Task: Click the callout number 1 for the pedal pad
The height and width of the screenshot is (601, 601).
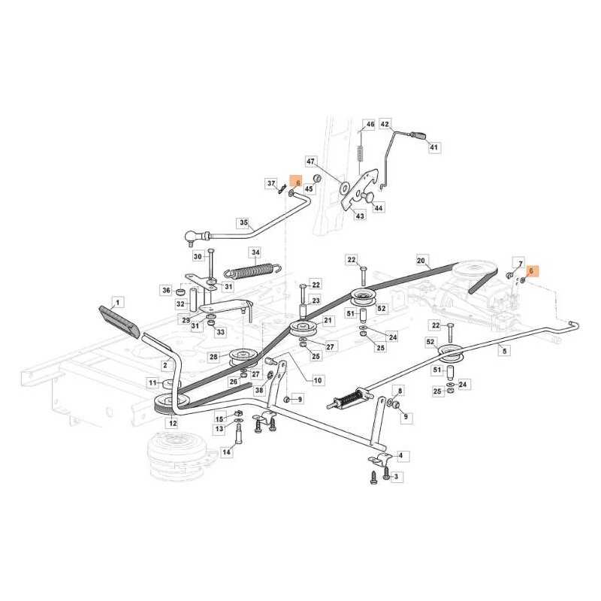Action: click(x=118, y=303)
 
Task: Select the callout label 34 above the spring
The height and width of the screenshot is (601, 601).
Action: click(x=255, y=252)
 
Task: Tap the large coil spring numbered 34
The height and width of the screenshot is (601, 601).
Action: click(x=253, y=270)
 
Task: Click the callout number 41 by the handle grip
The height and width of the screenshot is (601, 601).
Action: click(x=433, y=147)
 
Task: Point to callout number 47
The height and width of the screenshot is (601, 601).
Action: click(x=310, y=162)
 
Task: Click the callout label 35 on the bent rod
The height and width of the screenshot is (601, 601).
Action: click(x=244, y=222)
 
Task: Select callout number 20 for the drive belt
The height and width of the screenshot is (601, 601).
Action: click(x=421, y=261)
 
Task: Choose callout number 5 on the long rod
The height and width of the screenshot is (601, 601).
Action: click(x=504, y=351)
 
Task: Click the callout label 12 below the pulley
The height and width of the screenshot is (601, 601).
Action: click(x=173, y=424)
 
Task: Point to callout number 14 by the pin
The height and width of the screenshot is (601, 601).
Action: click(x=227, y=452)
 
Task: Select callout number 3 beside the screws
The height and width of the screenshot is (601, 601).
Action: click(x=397, y=477)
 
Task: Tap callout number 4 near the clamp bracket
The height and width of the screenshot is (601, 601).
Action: click(x=401, y=456)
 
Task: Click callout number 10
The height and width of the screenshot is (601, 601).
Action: click(x=318, y=381)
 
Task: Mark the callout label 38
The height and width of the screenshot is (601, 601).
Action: click(x=259, y=390)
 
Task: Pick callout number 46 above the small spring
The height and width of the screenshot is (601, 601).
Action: click(x=370, y=124)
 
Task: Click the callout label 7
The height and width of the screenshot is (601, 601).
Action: click(x=520, y=264)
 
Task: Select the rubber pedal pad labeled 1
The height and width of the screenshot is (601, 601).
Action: click(x=119, y=320)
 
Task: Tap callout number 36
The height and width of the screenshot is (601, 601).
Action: click(x=166, y=291)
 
